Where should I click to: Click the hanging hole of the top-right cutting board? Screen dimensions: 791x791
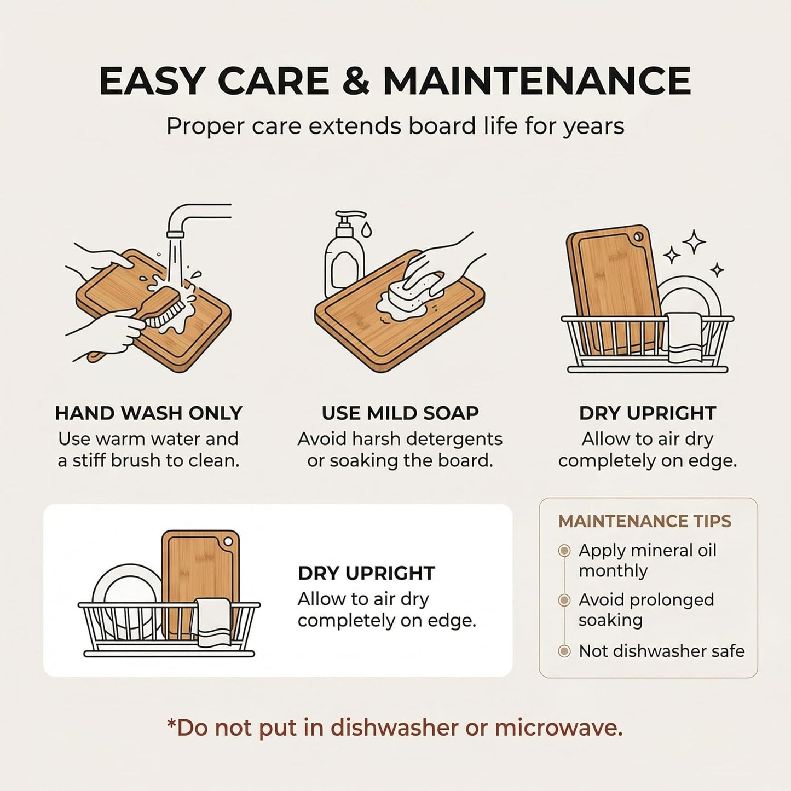(x=639, y=237)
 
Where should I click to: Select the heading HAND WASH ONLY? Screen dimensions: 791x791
(x=148, y=413)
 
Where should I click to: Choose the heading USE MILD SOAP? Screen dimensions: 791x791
(x=400, y=413)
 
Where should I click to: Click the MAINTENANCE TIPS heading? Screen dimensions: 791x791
(x=645, y=521)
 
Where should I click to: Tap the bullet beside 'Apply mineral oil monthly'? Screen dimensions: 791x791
(x=565, y=551)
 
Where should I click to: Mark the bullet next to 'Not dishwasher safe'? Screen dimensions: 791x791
(x=565, y=651)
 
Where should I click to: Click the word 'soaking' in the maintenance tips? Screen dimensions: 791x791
(x=610, y=621)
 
